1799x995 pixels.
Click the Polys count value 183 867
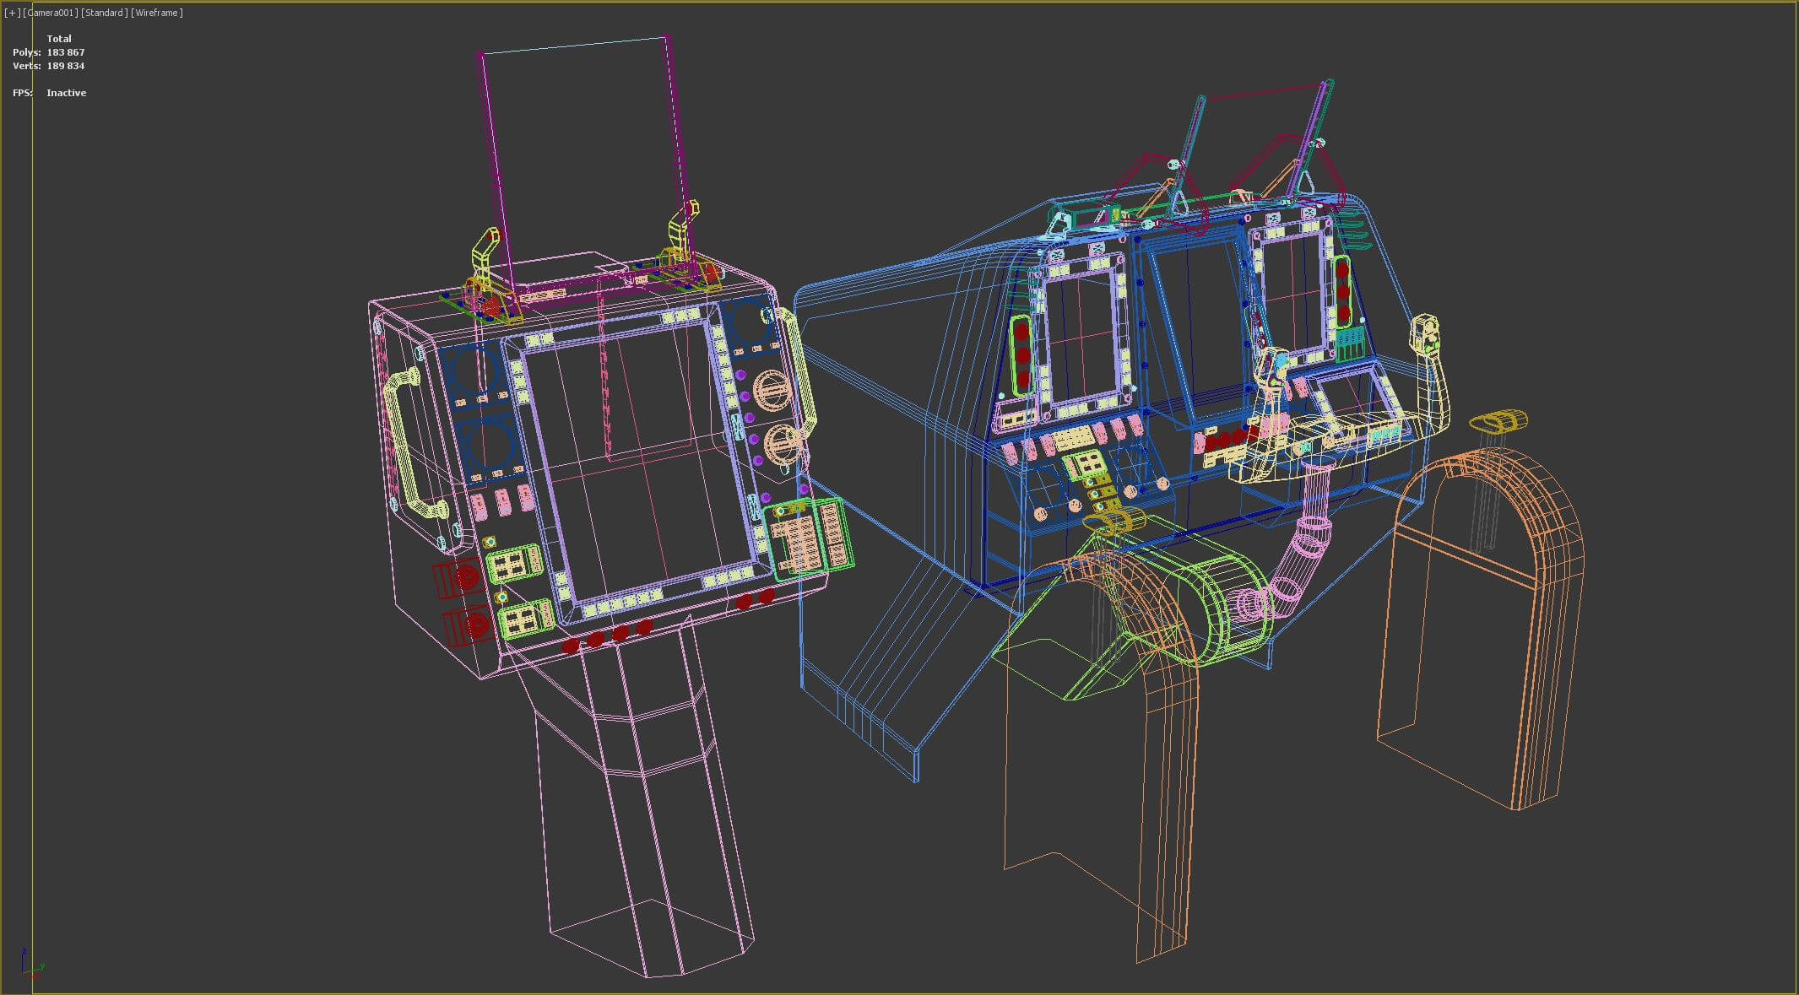(x=66, y=52)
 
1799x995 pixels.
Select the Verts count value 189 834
(x=66, y=66)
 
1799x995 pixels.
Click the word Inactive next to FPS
(x=66, y=93)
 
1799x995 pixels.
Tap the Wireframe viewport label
(x=157, y=13)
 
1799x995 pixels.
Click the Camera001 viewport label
(x=52, y=13)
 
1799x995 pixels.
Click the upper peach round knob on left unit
(x=768, y=391)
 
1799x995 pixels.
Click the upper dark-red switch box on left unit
(x=458, y=579)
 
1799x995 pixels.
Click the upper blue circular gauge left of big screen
(x=475, y=371)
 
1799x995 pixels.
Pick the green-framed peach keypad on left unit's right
(x=809, y=537)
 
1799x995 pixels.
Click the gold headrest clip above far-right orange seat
(x=1498, y=420)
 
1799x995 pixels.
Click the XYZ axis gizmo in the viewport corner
(x=30, y=963)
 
